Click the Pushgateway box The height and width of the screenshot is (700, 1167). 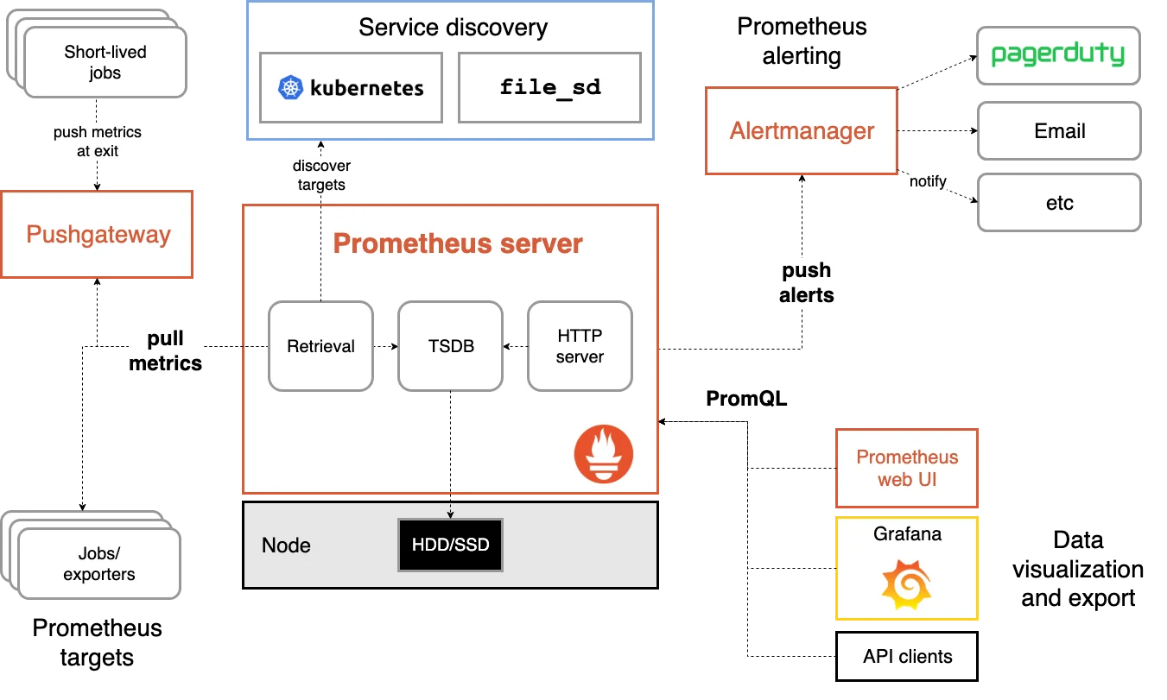97,235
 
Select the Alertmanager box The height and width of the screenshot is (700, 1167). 802,131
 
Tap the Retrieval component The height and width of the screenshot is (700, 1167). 320,346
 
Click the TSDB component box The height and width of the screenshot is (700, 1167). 450,346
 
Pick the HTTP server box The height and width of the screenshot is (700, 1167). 580,346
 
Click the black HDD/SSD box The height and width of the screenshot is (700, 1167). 450,545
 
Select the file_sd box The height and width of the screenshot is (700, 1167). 549,87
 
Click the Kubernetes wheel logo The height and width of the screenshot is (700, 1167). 291,87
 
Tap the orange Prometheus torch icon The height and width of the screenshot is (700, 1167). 604,454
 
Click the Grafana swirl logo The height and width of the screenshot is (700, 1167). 907,583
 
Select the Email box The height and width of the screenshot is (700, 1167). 1059,131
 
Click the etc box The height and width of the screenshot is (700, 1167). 1059,204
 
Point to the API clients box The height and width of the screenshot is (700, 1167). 907,657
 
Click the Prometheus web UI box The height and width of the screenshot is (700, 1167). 907,469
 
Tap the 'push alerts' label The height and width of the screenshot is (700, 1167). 807,283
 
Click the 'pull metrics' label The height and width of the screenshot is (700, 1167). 166,351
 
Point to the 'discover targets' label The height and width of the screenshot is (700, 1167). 321,175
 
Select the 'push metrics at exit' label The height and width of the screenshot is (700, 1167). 97,142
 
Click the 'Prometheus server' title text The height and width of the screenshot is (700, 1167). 458,244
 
